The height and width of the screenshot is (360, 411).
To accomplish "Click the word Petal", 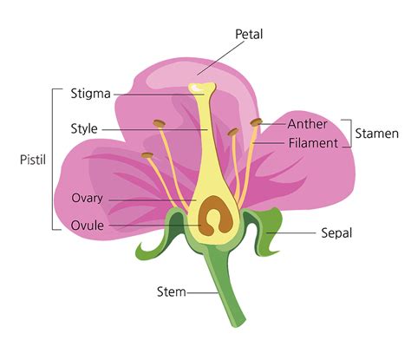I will pyautogui.click(x=249, y=33).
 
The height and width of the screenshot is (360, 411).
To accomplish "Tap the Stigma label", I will pyautogui.click(x=93, y=90).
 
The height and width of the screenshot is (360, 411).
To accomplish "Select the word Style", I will pyautogui.click(x=84, y=129).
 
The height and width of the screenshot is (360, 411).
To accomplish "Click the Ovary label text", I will pyautogui.click(x=88, y=198).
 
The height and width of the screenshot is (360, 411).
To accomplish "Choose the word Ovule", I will pyautogui.click(x=88, y=226).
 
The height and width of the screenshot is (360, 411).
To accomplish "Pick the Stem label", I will pyautogui.click(x=170, y=291).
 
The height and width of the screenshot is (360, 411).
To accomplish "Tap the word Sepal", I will pyautogui.click(x=337, y=233).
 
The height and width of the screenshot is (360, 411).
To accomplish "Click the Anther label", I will pyautogui.click(x=307, y=124).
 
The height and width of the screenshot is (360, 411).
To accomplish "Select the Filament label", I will pyautogui.click(x=312, y=143).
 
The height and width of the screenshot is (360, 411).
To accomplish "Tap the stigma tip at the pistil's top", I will pyautogui.click(x=203, y=89).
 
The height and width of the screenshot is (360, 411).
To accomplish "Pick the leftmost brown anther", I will pyautogui.click(x=147, y=156).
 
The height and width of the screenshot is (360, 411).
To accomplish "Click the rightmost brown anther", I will pyautogui.click(x=257, y=122).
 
